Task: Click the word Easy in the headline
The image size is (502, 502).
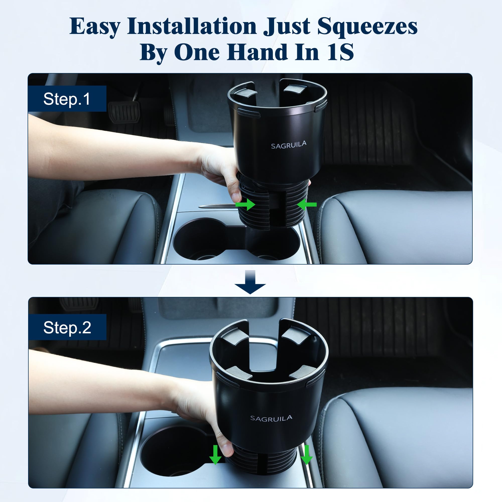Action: (x=95, y=27)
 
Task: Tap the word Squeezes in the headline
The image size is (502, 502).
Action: (x=367, y=27)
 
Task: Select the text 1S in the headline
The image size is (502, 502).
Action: (x=340, y=52)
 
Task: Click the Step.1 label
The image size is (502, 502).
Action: (x=67, y=99)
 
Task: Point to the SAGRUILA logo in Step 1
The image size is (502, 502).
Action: (x=288, y=145)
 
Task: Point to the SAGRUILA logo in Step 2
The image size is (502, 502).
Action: (x=271, y=418)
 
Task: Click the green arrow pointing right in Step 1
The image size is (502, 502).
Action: (x=245, y=205)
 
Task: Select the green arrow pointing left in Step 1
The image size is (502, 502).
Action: (x=307, y=205)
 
